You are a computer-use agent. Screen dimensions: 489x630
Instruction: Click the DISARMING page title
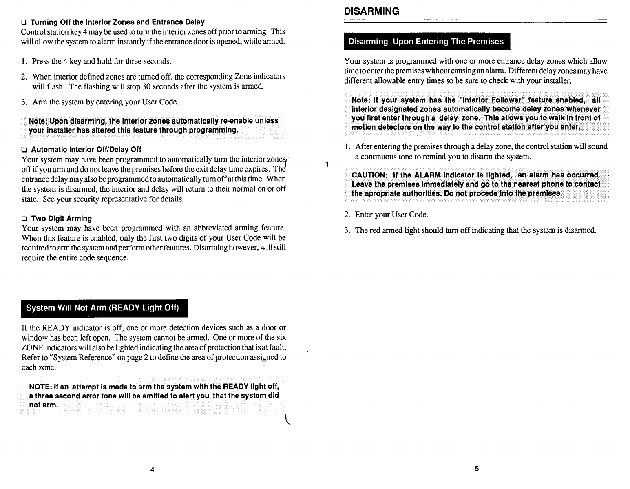pos(371,11)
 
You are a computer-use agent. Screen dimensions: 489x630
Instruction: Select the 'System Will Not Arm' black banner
pos(102,308)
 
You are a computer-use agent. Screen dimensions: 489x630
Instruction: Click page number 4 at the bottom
pos(152,469)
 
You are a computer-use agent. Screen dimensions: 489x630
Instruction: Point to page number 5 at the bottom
pos(476,469)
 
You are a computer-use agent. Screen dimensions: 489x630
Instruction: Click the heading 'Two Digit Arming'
pos(62,219)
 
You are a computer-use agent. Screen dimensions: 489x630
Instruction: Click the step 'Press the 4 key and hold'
pos(101,62)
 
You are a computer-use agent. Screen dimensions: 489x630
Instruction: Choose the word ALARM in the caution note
pos(428,175)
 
